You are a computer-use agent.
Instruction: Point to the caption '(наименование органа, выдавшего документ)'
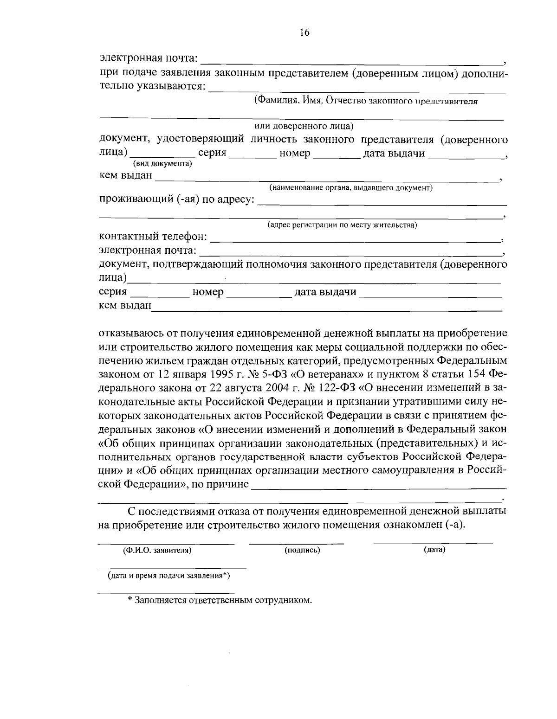pos(351,187)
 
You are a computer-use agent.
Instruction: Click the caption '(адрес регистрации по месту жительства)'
pos(342,225)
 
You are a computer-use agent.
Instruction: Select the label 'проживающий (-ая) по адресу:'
pos(177,199)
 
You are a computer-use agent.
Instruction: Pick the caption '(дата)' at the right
pos(434,550)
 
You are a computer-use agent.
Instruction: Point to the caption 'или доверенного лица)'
pos(304,126)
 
